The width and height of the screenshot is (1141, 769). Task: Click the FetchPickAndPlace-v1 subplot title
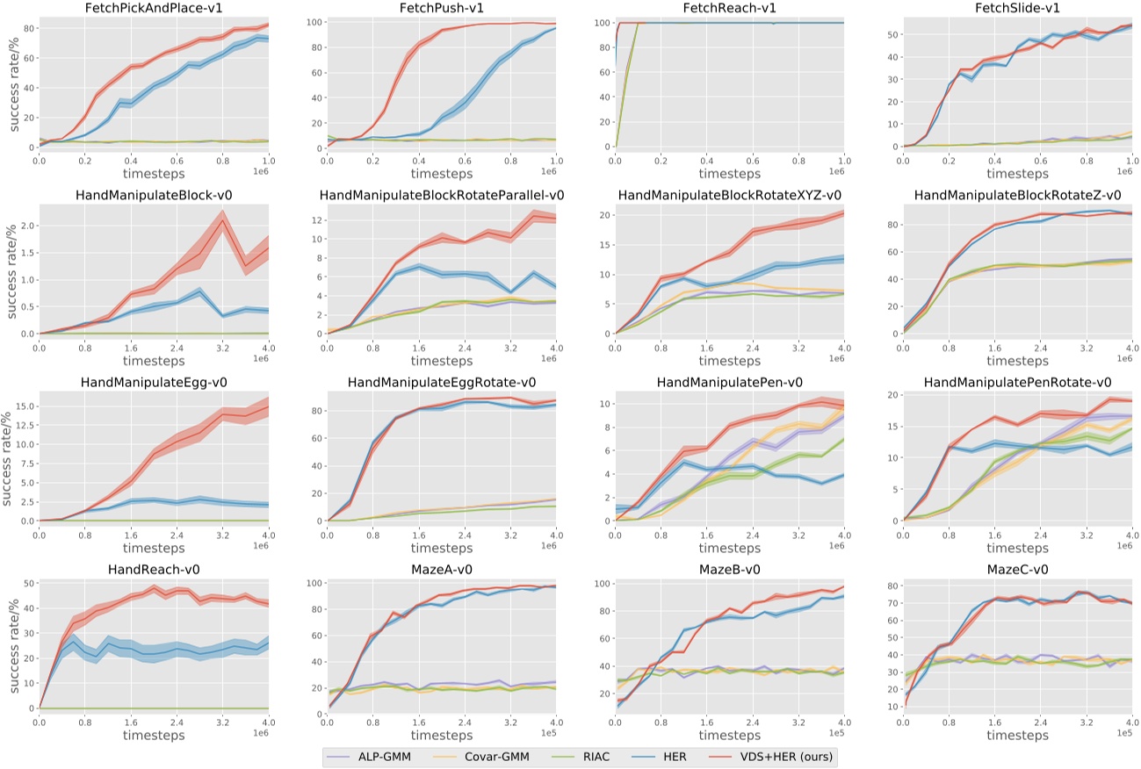(x=152, y=8)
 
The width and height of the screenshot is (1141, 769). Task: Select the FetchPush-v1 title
(x=441, y=8)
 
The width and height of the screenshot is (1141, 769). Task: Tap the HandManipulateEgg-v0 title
(x=152, y=382)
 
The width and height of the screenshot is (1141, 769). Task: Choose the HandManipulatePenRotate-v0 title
(x=1017, y=382)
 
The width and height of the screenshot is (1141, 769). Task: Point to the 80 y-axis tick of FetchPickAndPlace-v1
(x=27, y=28)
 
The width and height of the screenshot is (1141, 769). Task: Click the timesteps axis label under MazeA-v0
(x=441, y=735)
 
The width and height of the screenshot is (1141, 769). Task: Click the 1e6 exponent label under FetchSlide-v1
(x=1123, y=171)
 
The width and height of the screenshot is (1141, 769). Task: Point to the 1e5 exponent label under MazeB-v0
(x=834, y=732)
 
